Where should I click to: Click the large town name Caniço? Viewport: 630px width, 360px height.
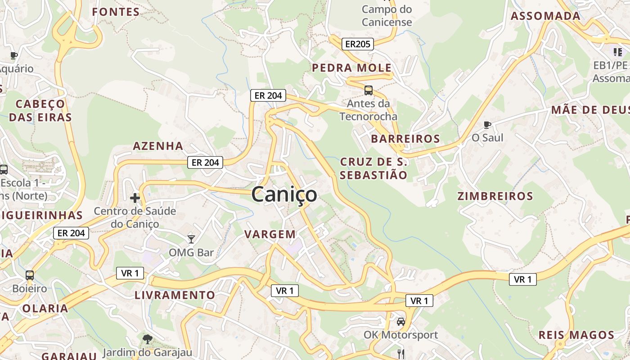(x=284, y=194)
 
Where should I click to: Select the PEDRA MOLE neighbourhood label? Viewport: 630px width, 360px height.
(x=352, y=68)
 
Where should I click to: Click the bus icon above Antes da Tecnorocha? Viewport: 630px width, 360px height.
(x=368, y=90)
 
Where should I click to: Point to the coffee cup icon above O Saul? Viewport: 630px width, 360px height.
(x=487, y=124)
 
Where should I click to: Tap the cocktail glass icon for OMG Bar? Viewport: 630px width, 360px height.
(x=191, y=239)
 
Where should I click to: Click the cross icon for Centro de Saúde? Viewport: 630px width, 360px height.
(x=135, y=198)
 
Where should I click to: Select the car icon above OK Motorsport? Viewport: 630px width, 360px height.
(x=400, y=322)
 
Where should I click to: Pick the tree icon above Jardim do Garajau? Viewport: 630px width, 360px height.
(x=147, y=339)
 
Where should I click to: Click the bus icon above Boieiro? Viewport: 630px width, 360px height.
(x=30, y=275)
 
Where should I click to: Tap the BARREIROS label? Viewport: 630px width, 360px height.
(x=405, y=139)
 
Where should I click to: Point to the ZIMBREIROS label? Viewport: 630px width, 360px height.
(x=495, y=196)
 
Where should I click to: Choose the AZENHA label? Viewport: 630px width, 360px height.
(x=158, y=146)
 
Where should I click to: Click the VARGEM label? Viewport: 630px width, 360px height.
(x=270, y=234)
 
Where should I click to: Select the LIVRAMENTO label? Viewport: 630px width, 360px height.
(x=175, y=295)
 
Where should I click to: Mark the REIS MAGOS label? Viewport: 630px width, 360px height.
(x=576, y=335)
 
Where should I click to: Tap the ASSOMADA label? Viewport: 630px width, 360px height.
(x=545, y=16)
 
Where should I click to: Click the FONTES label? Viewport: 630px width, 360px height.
(x=116, y=12)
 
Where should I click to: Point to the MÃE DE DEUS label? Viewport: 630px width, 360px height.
(x=589, y=110)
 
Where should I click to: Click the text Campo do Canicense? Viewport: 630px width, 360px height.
(x=387, y=15)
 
